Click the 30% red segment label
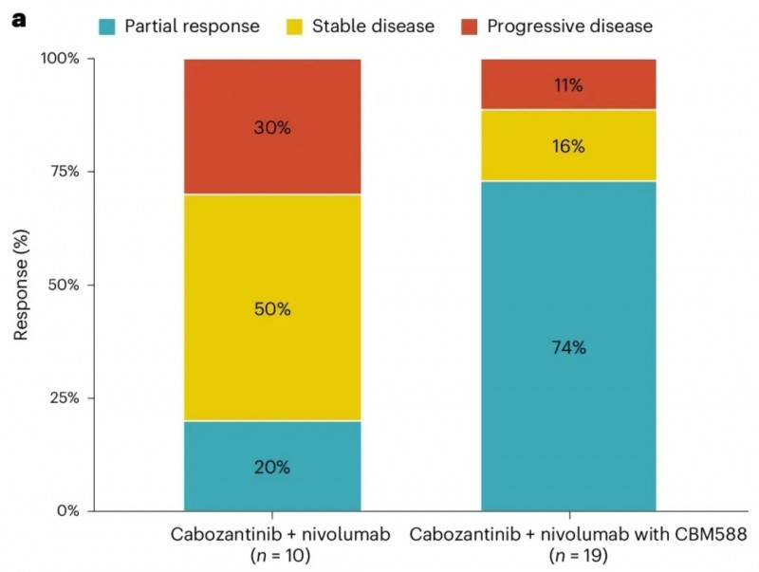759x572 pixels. (272, 126)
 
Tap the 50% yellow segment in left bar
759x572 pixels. (272, 308)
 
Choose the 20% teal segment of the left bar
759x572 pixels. (272, 467)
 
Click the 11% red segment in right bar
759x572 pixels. (568, 85)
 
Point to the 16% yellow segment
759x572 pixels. (568, 146)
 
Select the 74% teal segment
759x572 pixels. (568, 347)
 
